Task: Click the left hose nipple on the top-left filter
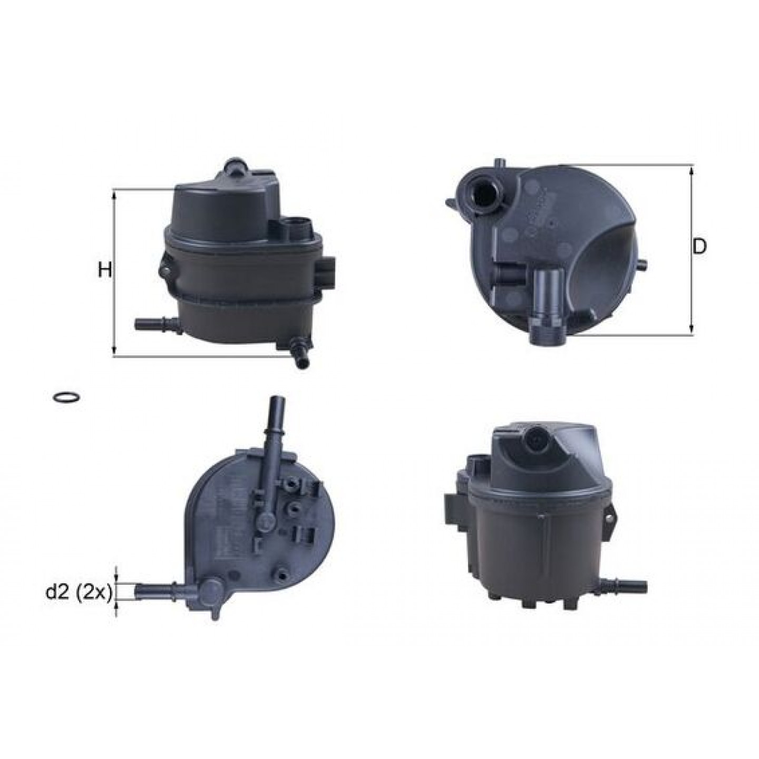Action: (157, 325)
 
